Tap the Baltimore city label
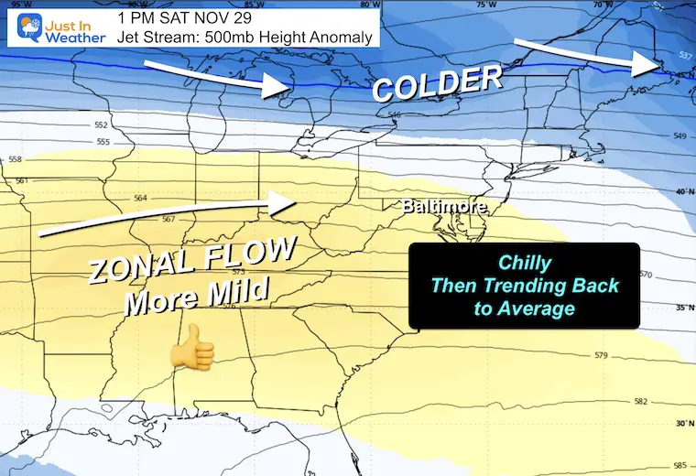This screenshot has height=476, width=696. [x=443, y=208]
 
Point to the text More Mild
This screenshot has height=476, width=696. [x=201, y=296]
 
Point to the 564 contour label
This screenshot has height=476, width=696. [x=140, y=199]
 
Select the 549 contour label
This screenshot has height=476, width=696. [x=678, y=136]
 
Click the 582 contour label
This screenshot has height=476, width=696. [x=640, y=402]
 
